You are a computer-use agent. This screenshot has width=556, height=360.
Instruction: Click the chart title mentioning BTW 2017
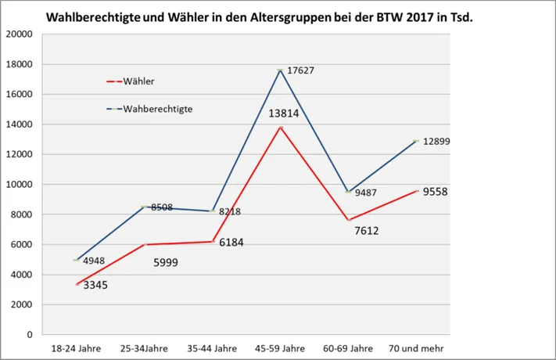click(259, 16)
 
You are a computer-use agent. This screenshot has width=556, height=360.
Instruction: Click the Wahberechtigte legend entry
click(157, 109)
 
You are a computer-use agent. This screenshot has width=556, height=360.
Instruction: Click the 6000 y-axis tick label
click(22, 244)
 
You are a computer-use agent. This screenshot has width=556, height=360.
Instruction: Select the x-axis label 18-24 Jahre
click(76, 347)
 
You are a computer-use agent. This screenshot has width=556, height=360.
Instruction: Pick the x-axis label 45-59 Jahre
click(280, 347)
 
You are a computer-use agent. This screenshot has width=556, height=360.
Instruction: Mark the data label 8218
click(231, 211)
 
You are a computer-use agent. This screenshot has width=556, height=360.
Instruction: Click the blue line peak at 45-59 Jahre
click(280, 70)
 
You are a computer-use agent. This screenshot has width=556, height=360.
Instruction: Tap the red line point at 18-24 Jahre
click(76, 284)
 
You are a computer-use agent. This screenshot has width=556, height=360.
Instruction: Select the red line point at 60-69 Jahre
click(348, 220)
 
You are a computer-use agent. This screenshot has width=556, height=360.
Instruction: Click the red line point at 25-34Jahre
click(144, 244)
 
